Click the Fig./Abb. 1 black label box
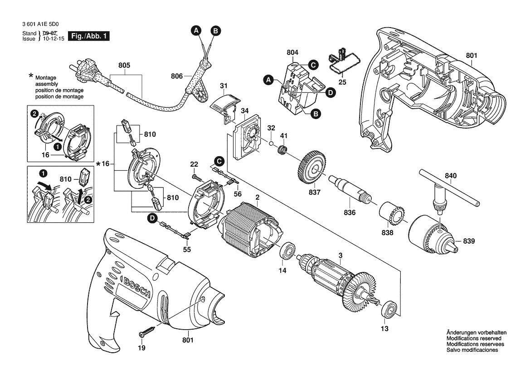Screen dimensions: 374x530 coord(88,36)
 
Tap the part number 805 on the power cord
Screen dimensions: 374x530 coord(124,66)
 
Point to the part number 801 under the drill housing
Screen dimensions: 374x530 coord(188,340)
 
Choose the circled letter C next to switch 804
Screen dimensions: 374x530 coord(312,65)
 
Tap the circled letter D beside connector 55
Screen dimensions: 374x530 coord(153,218)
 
